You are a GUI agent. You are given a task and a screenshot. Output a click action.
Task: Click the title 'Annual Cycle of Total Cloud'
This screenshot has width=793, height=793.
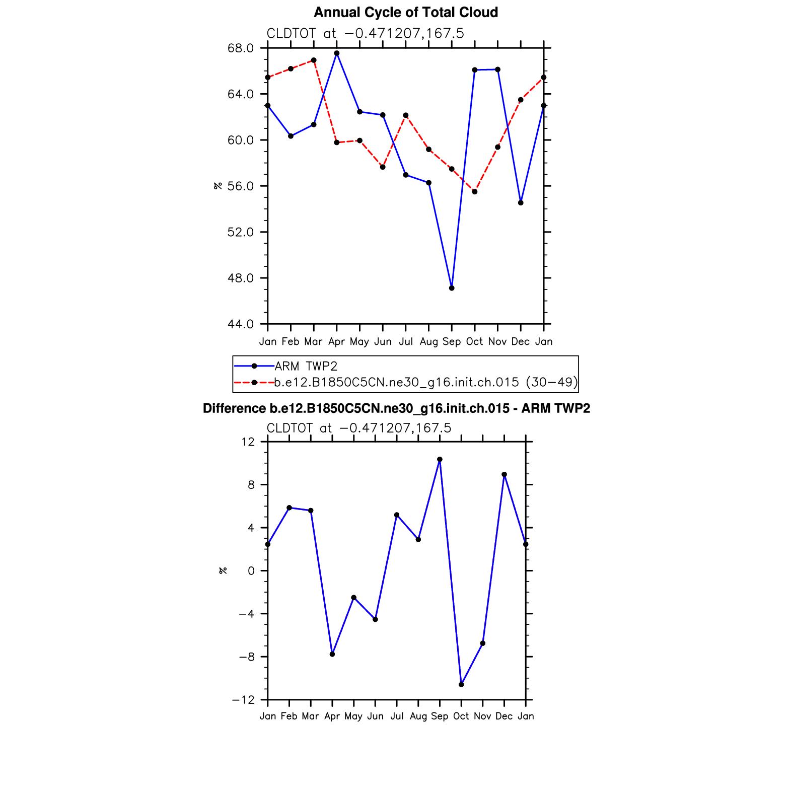[406, 13]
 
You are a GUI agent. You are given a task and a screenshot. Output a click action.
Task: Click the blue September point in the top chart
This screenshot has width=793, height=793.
[452, 288]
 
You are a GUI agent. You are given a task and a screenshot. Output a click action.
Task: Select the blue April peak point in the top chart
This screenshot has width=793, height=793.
[337, 53]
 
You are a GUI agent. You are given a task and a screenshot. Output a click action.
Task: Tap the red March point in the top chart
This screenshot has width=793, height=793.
[314, 60]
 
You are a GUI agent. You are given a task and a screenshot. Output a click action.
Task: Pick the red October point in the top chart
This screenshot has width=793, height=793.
[475, 192]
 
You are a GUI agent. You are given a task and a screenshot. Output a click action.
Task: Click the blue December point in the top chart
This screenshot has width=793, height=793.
[521, 203]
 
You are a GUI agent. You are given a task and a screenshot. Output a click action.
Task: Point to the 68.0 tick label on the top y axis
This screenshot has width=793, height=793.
[241, 48]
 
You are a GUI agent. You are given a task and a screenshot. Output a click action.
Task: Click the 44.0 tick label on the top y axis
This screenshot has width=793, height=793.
[241, 324]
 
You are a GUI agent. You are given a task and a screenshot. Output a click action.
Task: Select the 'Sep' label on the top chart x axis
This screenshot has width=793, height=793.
[452, 342]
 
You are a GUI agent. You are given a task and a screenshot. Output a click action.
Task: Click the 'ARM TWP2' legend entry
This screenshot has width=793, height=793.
[306, 366]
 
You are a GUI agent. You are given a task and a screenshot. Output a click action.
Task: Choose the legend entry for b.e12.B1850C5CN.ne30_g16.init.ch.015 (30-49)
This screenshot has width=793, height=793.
[426, 382]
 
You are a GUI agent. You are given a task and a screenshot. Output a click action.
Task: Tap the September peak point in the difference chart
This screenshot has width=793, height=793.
[440, 460]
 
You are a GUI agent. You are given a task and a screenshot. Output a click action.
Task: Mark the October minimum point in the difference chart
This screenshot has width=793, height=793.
[461, 685]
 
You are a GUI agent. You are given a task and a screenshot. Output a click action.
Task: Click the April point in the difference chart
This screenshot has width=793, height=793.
[332, 654]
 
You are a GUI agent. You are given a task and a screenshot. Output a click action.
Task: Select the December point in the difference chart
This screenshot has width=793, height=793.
[504, 475]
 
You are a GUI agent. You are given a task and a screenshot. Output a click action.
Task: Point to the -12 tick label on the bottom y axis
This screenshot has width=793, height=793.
[243, 700]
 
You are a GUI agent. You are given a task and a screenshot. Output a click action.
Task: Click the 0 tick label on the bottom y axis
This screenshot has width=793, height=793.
[251, 571]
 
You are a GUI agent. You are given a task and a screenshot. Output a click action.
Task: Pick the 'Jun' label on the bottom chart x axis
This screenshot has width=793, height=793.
[375, 716]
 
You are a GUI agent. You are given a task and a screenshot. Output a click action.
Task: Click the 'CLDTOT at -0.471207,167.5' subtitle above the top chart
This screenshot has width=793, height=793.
[365, 34]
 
